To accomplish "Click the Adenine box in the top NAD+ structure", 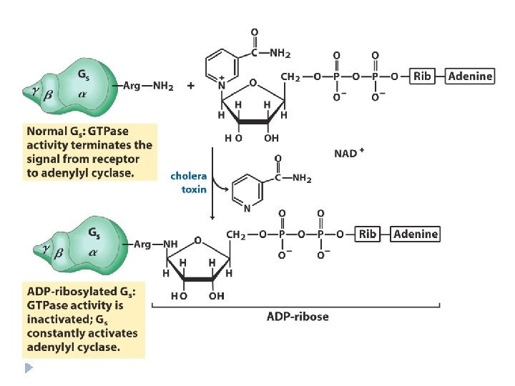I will point(469,76).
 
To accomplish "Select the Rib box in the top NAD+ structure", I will point(423,76).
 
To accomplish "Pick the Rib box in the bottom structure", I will point(368,234).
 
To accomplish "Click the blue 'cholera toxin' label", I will point(189,182).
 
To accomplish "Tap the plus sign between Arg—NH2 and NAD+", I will point(191,86).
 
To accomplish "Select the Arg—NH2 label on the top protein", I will point(148,86).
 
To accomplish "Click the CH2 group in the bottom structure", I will point(237,234).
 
